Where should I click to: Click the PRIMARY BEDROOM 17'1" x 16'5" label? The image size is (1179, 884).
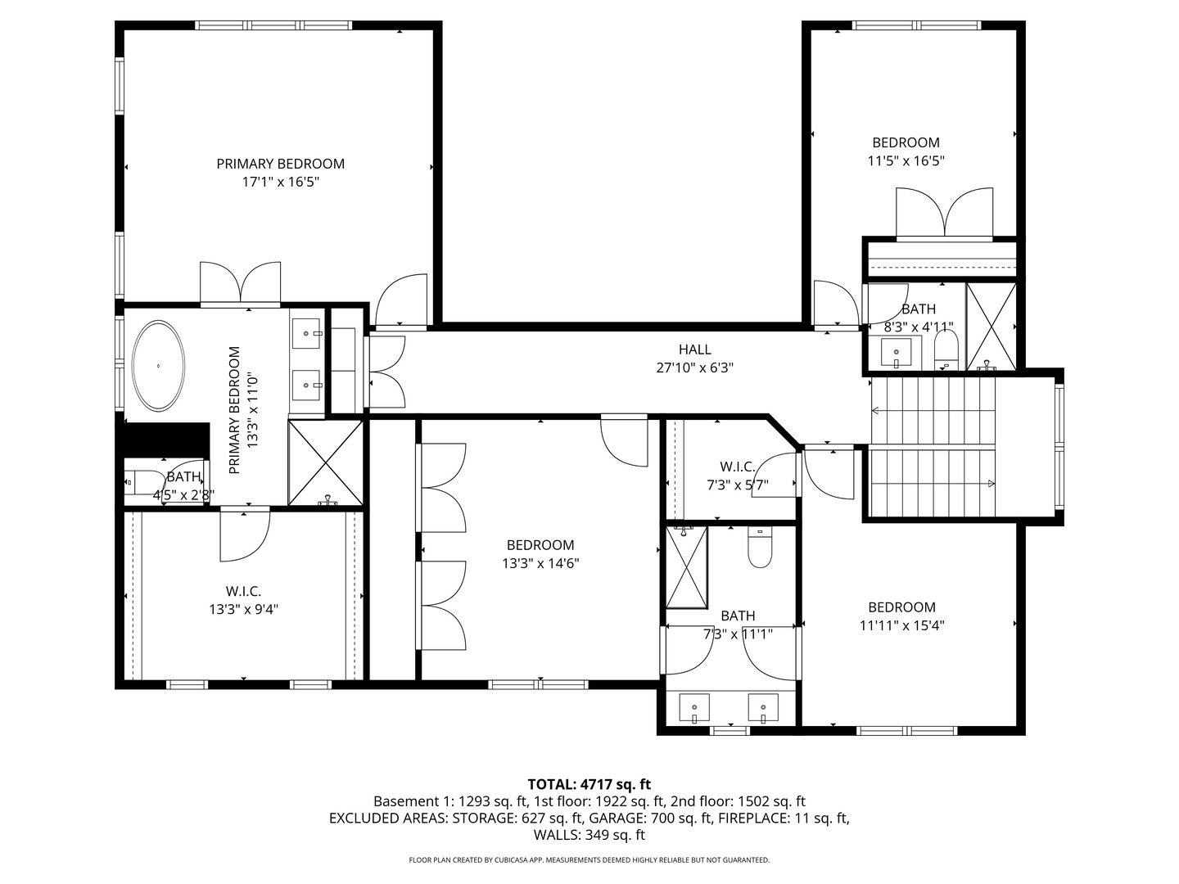pyautogui.click(x=280, y=173)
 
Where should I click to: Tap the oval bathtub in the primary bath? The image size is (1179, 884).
pyautogui.click(x=160, y=366)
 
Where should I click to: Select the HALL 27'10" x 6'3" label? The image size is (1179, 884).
pyautogui.click(x=694, y=359)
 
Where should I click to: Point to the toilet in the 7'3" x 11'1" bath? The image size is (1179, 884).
pyautogui.click(x=760, y=548)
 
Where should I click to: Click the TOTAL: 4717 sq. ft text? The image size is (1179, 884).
pyautogui.click(x=589, y=784)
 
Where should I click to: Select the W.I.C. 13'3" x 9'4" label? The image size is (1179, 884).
pyautogui.click(x=243, y=600)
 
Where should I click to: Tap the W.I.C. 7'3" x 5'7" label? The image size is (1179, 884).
pyautogui.click(x=738, y=476)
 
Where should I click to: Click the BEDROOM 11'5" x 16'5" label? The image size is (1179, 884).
pyautogui.click(x=906, y=151)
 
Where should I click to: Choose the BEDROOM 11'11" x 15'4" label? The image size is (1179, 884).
pyautogui.click(x=901, y=616)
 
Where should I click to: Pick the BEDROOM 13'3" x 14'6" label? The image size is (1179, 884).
pyautogui.click(x=540, y=554)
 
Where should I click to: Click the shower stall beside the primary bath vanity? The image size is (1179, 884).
pyautogui.click(x=326, y=462)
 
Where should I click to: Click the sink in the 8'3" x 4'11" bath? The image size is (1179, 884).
pyautogui.click(x=896, y=354)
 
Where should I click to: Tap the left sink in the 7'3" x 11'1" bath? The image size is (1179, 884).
pyautogui.click(x=695, y=707)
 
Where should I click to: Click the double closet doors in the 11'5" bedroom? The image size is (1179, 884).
pyautogui.click(x=945, y=214)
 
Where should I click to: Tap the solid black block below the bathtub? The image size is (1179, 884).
pyautogui.click(x=164, y=439)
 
